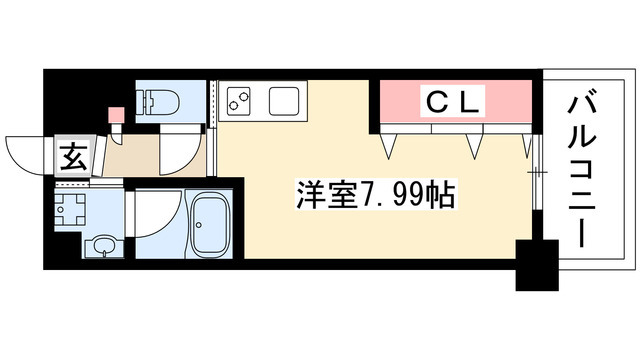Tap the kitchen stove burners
241,101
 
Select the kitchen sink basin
282,102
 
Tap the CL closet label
455,100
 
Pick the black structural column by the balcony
536,265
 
